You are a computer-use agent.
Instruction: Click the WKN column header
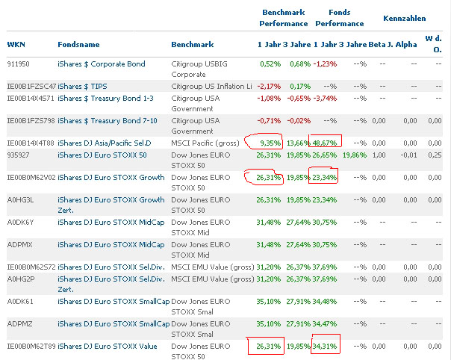[x=16, y=44]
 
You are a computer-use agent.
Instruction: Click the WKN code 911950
[x=19, y=64]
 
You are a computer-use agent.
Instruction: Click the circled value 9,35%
[x=269, y=142]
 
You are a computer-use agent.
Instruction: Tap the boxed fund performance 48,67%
[x=326, y=142]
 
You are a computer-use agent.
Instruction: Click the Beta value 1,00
[x=379, y=155]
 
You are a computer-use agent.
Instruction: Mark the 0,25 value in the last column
[x=432, y=155]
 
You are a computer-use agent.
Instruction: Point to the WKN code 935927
[x=19, y=155]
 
